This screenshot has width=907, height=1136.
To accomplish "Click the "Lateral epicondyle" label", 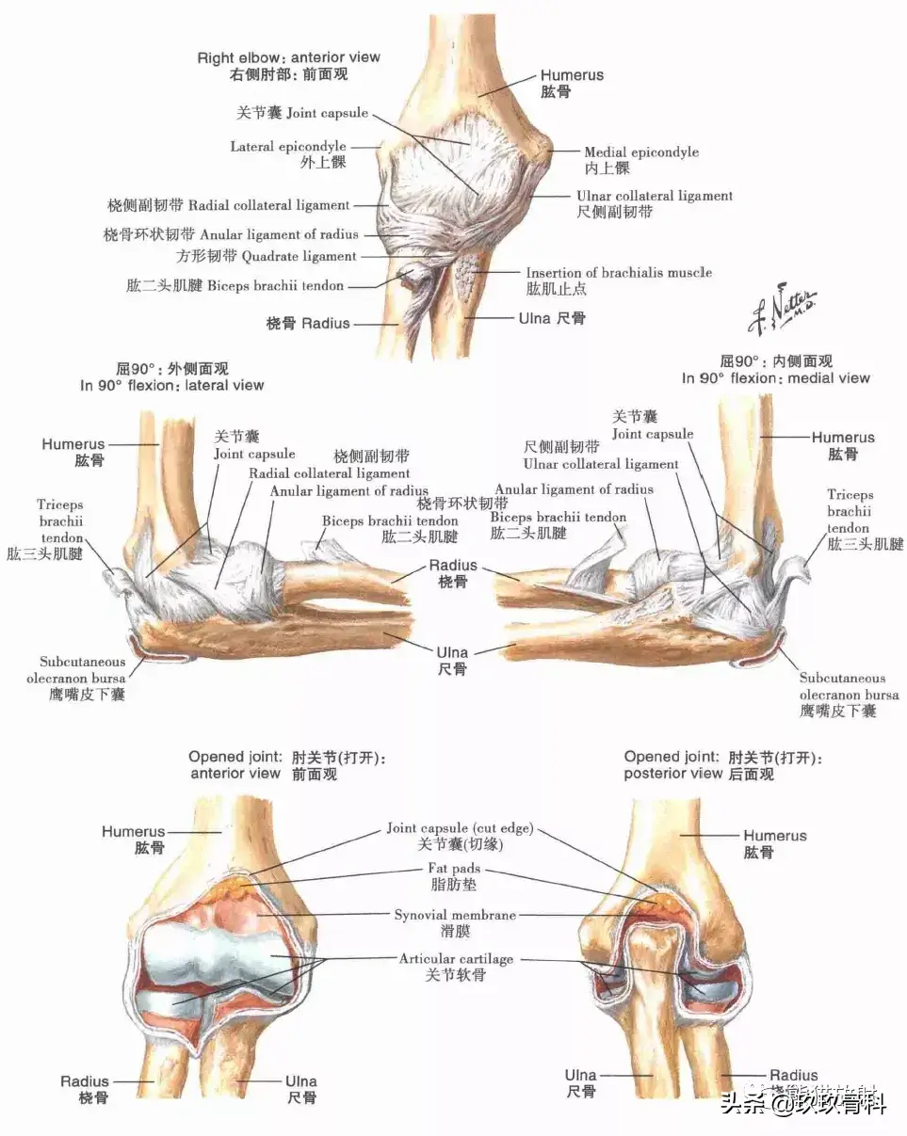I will click(x=288, y=147).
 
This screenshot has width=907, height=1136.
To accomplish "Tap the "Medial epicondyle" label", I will click(x=641, y=152).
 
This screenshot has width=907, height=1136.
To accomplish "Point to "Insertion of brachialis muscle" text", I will click(x=619, y=273).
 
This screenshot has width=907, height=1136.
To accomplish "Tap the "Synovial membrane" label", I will click(x=455, y=915).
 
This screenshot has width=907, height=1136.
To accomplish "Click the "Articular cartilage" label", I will click(x=457, y=959).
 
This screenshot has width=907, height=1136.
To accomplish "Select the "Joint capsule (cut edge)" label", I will click(x=460, y=829).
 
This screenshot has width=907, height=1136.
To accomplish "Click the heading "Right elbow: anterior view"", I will click(x=288, y=57).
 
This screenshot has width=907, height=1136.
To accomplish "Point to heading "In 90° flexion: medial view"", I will click(x=776, y=377).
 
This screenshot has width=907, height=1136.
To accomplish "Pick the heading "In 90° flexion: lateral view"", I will click(x=171, y=385).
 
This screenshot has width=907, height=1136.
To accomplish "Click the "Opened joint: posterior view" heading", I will click(x=699, y=765).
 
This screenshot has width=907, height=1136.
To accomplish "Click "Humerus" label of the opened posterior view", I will click(x=774, y=836).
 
